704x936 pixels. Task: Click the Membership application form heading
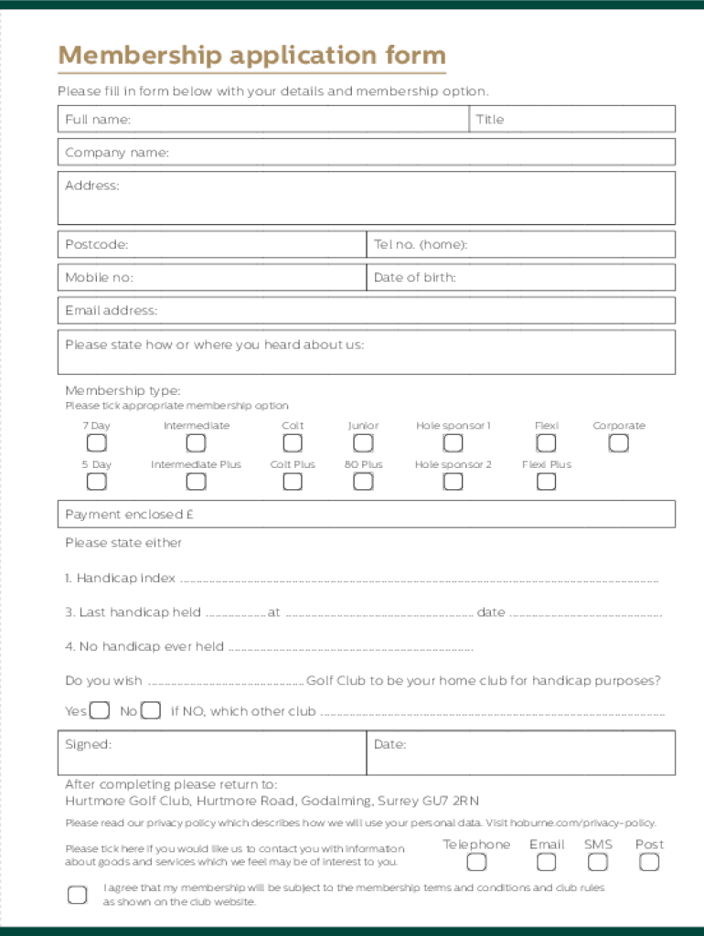[251, 56]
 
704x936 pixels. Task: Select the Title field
[572, 120]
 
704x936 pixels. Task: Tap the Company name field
[366, 153]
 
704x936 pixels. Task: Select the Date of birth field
[521, 278]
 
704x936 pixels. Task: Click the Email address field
[366, 311]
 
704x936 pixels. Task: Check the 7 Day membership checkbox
[96, 443]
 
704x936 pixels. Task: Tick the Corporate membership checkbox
[619, 443]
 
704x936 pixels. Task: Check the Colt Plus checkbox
[293, 481]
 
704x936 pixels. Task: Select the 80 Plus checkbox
[363, 481]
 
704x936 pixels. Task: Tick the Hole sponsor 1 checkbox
[453, 443]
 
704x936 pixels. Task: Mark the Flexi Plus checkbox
[546, 481]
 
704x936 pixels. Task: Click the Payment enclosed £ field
[366, 515]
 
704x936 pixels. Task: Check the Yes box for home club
[101, 711]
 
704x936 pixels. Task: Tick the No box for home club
[152, 711]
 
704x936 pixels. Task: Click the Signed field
[212, 752]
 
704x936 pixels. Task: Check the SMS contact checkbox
[598, 862]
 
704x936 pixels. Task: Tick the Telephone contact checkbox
[476, 862]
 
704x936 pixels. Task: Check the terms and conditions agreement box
[78, 894]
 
